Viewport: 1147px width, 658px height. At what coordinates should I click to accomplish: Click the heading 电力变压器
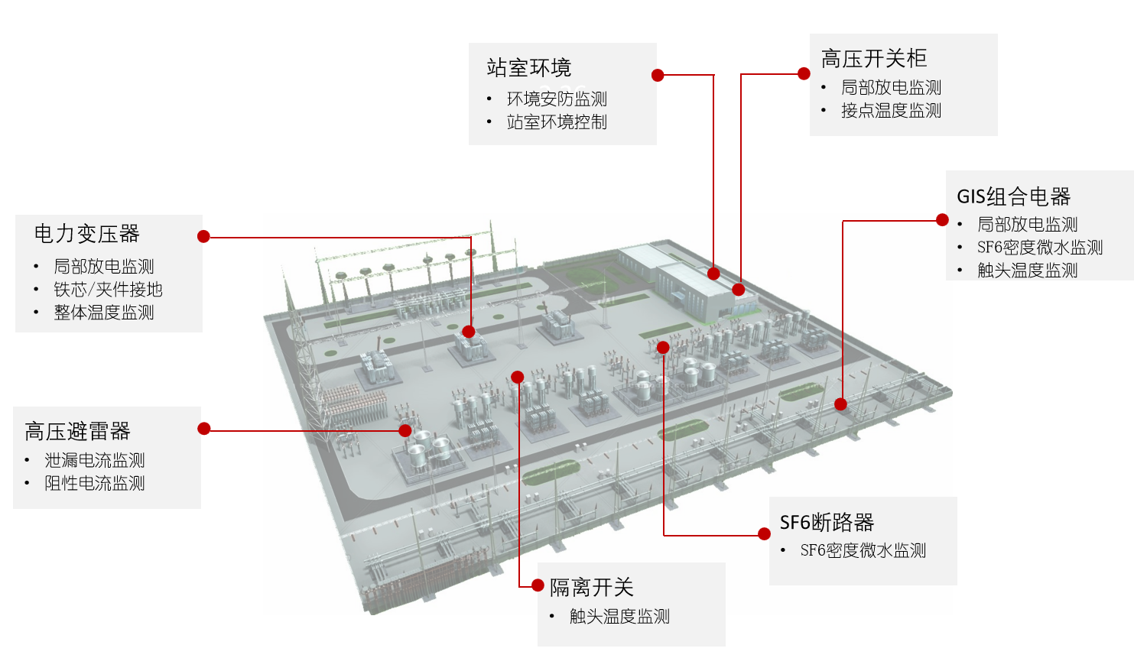pyautogui.click(x=87, y=234)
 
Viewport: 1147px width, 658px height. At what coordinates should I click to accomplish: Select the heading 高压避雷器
pyautogui.click(x=78, y=431)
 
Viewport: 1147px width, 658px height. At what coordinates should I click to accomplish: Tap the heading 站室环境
pyautogui.click(x=529, y=67)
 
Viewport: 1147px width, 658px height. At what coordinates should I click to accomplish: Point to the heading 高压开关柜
pyautogui.click(x=873, y=58)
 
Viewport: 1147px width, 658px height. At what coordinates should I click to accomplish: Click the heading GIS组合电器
pyautogui.click(x=1014, y=196)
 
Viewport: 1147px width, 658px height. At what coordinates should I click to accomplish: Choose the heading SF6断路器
pyautogui.click(x=827, y=523)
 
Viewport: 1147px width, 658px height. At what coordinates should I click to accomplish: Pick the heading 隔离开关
pyautogui.click(x=592, y=588)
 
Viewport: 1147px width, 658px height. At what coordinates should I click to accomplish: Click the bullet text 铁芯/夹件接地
pyautogui.click(x=108, y=290)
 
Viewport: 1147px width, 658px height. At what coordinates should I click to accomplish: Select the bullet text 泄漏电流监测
pyautogui.click(x=95, y=461)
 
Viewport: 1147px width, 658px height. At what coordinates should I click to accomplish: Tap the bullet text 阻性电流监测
pyautogui.click(x=95, y=483)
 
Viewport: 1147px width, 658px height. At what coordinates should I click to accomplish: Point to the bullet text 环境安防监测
pyautogui.click(x=557, y=99)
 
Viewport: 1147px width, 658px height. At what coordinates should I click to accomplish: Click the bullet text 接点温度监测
pyautogui.click(x=892, y=111)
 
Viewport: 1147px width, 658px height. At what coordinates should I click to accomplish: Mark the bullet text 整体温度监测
pyautogui.click(x=104, y=312)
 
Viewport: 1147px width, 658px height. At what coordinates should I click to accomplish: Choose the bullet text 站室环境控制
pyautogui.click(x=557, y=122)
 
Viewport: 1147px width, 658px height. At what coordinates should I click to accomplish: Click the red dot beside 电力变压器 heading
pyautogui.click(x=204, y=236)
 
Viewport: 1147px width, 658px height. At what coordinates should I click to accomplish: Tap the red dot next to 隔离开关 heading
pyautogui.click(x=538, y=585)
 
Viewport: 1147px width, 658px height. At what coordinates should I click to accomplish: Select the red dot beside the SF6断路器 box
pyautogui.click(x=765, y=534)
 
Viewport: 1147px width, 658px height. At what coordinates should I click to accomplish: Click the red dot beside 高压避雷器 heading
pyautogui.click(x=204, y=429)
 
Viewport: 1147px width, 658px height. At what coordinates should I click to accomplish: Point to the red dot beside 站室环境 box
pyautogui.click(x=658, y=75)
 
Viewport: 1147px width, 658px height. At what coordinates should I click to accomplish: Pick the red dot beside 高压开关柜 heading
pyautogui.click(x=804, y=73)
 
